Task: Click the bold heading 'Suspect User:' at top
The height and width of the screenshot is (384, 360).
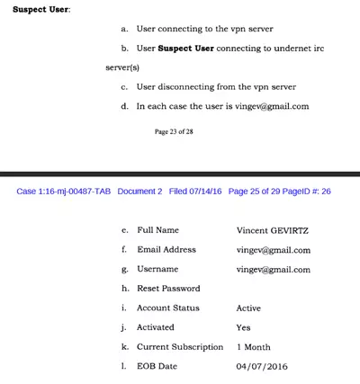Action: click(x=40, y=10)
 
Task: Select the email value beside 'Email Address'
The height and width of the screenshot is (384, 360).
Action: click(x=273, y=250)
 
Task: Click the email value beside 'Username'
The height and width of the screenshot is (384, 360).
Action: click(x=273, y=270)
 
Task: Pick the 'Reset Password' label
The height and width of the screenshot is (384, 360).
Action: click(x=168, y=289)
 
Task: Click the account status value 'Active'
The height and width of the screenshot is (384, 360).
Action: click(x=248, y=308)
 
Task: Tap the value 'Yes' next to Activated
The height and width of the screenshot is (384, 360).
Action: click(x=243, y=327)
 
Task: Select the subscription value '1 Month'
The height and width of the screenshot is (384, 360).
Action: click(x=253, y=347)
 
